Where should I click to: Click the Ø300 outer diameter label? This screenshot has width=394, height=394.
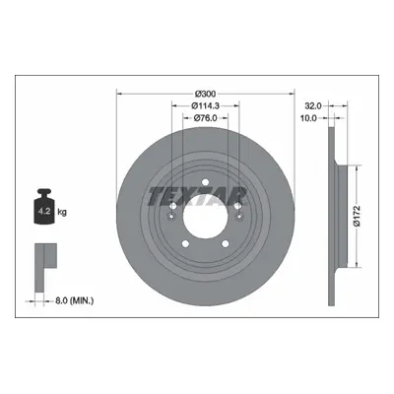206,94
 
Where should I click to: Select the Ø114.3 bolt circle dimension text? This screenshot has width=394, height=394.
206,105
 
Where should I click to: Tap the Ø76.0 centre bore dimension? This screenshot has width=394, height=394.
206,118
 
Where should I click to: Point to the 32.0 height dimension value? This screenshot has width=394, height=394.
312,106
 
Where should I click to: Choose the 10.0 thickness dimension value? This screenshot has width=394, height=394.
308,118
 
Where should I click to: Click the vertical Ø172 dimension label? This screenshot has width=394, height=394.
358,216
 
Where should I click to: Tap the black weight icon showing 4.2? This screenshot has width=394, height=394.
43,207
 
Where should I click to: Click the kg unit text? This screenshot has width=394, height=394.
62,212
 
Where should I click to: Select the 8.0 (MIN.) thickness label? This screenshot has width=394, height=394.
73,300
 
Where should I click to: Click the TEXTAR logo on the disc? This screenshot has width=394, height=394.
197,197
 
